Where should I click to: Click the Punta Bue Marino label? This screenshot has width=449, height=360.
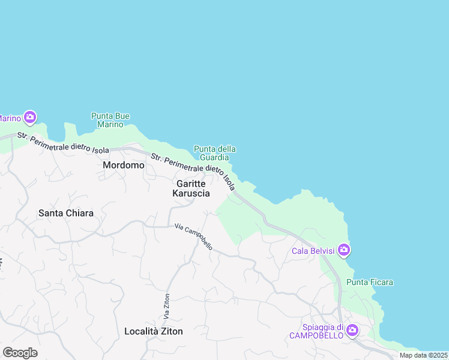coord(110,120)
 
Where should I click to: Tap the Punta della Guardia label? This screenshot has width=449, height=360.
coord(215,153)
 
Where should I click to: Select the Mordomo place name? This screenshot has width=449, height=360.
coord(124,165)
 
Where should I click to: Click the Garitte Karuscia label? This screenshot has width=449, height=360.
coord(191,188)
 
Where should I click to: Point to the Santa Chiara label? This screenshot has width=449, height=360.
coord(66,213)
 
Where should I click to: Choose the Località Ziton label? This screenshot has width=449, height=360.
coord(154,331)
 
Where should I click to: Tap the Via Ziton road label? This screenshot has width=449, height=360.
coord(167,305)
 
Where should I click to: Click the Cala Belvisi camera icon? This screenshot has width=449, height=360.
coord(344,250)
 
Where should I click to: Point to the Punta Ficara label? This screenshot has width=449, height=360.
coord(370,282)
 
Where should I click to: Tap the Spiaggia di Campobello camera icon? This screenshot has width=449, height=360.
coord(352,329)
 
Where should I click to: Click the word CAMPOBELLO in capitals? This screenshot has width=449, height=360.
coord(316,335)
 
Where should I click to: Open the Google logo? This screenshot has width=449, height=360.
coord(20,353)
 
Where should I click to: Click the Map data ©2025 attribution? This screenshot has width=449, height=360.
coord(423,356)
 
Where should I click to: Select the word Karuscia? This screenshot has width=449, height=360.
coord(191,194)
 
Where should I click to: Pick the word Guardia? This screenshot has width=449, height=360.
coord(215,157)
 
